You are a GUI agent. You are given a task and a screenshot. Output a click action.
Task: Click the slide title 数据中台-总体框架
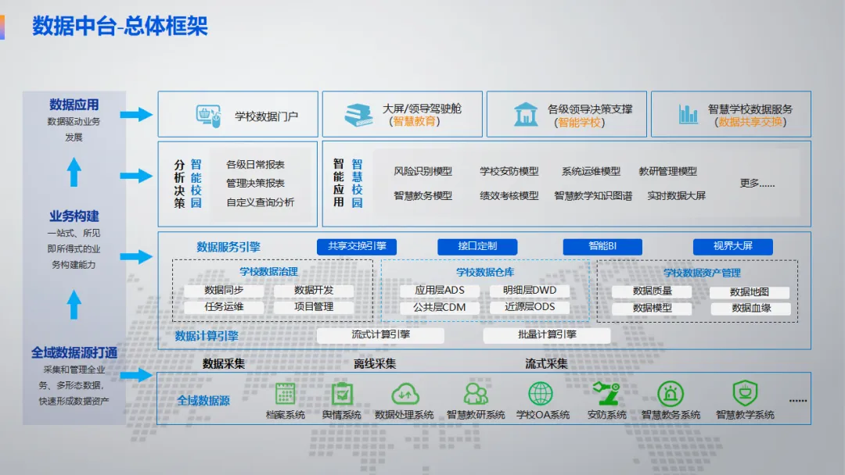point(120,27)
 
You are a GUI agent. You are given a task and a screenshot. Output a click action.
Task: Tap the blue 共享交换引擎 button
point(357,246)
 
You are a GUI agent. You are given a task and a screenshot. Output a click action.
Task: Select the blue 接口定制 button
point(477,246)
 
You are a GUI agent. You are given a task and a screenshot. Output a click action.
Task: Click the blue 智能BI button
point(602,246)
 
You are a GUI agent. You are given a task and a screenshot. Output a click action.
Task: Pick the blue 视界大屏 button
point(732,246)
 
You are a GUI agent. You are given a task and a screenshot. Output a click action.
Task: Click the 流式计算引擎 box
point(380,335)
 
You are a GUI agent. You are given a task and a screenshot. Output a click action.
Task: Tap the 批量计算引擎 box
point(547,335)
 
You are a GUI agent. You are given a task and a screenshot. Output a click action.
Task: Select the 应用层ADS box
point(440,291)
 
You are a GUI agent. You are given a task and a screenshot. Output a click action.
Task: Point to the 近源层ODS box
point(530,307)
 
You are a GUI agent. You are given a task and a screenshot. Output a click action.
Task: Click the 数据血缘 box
point(751,309)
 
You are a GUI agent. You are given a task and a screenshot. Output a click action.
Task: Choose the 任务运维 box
point(224,307)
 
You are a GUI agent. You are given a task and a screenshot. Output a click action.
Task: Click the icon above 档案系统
point(285,393)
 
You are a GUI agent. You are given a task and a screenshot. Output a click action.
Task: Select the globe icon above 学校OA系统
point(541,393)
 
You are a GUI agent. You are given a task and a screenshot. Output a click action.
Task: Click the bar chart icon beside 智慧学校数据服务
point(689,115)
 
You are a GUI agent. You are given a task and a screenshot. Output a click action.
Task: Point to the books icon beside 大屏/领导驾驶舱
point(358,115)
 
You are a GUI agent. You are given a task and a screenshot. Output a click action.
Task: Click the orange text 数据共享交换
point(751,122)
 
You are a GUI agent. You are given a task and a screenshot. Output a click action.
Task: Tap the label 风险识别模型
point(422,172)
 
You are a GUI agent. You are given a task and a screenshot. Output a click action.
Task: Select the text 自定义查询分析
point(261,202)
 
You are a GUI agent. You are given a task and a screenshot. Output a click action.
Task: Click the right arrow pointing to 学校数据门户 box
point(136,115)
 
